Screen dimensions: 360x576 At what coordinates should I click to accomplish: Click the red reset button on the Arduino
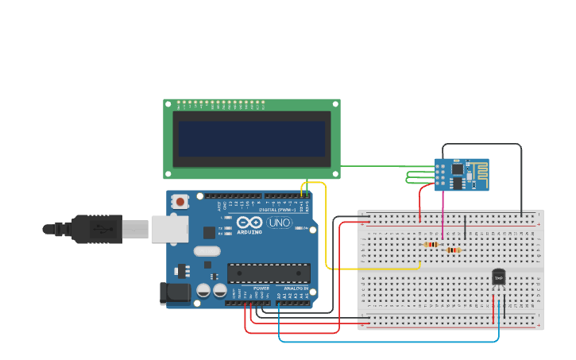(180, 202)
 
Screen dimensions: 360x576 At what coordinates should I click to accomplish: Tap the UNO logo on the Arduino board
(279, 223)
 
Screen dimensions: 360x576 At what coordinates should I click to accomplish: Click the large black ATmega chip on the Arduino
(269, 273)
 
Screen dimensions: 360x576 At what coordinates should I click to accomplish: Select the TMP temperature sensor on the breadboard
(498, 277)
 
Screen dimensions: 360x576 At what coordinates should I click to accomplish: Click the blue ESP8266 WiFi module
(461, 174)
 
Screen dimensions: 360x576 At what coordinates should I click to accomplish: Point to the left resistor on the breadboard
(431, 244)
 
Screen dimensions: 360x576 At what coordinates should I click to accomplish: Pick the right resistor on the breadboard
(453, 250)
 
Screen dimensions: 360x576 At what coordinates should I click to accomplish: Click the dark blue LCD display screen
(252, 138)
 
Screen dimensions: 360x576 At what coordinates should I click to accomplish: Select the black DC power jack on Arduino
(174, 293)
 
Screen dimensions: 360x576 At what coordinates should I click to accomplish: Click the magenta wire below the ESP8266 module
(443, 215)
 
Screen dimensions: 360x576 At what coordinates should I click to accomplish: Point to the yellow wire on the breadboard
(373, 269)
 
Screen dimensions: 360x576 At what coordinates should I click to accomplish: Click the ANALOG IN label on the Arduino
(295, 288)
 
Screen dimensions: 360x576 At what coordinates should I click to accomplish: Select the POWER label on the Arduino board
(261, 288)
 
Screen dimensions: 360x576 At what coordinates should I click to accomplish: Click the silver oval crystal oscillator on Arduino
(206, 252)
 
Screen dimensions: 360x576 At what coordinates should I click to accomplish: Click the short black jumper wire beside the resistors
(465, 226)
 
